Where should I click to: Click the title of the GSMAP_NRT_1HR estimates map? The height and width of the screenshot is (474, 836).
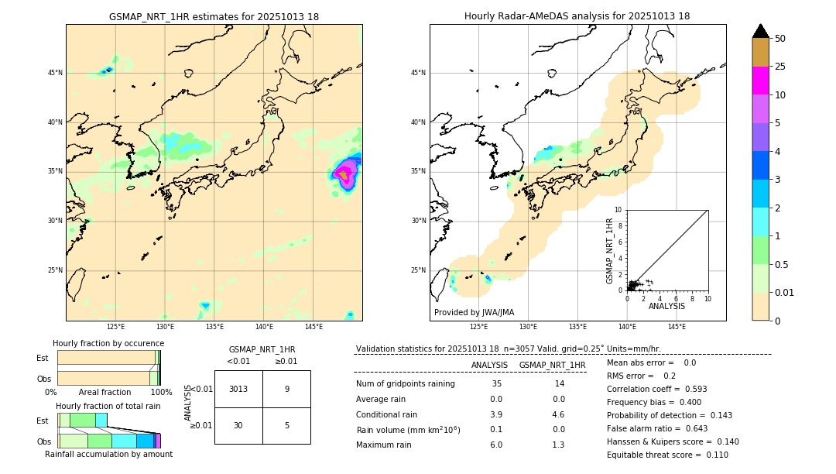pyautogui.click(x=214, y=16)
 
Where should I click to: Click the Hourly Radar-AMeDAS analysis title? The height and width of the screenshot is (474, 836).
pyautogui.click(x=577, y=16)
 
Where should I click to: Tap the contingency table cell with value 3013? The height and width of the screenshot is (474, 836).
pyautogui.click(x=238, y=389)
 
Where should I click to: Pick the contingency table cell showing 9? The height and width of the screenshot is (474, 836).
pyautogui.click(x=286, y=389)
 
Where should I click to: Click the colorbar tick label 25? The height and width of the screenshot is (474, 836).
pyautogui.click(x=781, y=67)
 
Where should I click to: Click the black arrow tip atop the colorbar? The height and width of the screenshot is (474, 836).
pyautogui.click(x=761, y=30)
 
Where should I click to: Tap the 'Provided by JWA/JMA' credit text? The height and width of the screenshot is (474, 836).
pyautogui.click(x=474, y=312)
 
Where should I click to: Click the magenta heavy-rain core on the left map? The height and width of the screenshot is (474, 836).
pyautogui.click(x=345, y=176)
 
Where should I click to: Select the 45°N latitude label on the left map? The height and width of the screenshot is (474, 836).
pyautogui.click(x=53, y=73)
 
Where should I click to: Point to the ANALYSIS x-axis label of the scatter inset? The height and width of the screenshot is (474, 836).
pyautogui.click(x=666, y=306)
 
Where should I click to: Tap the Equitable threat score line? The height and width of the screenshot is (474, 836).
pyautogui.click(x=667, y=455)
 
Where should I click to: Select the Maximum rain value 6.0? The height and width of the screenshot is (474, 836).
pyautogui.click(x=495, y=445)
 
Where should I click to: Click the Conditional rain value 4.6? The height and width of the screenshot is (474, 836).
pyautogui.click(x=558, y=414)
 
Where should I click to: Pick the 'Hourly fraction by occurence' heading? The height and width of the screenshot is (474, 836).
pyautogui.click(x=108, y=343)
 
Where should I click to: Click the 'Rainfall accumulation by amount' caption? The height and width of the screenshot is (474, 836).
pyautogui.click(x=108, y=454)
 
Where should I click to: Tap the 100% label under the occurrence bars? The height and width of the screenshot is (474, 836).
pyautogui.click(x=161, y=392)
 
